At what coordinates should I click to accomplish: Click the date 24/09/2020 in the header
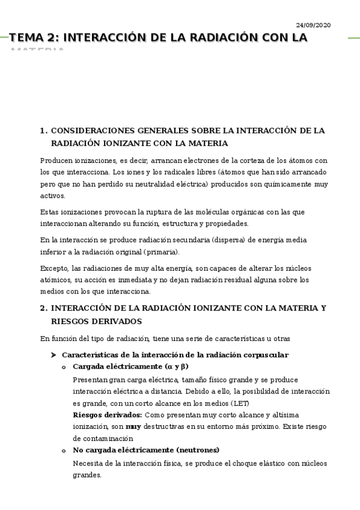pos(313,25)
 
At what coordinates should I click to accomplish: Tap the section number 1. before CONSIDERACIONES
pos(43,131)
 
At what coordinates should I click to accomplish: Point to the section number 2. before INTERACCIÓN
pos(43,309)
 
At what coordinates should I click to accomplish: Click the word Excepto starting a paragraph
pos(55,268)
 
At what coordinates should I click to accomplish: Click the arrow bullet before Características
pos(53,355)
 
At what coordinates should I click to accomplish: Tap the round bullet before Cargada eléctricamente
pos(64,367)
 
